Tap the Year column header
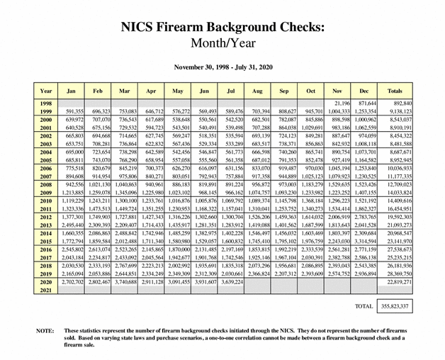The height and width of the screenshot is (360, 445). click(46, 91)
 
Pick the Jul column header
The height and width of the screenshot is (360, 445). click(231, 91)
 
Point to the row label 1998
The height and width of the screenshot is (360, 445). click(46, 103)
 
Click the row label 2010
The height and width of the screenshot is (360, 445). click(46, 202)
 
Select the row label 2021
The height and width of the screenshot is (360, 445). click(46, 291)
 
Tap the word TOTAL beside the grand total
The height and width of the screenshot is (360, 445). click(363, 307)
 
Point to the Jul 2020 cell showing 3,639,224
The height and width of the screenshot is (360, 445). click(231, 281)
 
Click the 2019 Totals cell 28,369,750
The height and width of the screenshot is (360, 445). click(396, 272)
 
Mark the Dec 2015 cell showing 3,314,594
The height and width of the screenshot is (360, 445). click(367, 241)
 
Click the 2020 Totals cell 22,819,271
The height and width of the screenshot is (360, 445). click(396, 281)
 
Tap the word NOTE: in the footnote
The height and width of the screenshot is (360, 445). click(45, 331)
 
